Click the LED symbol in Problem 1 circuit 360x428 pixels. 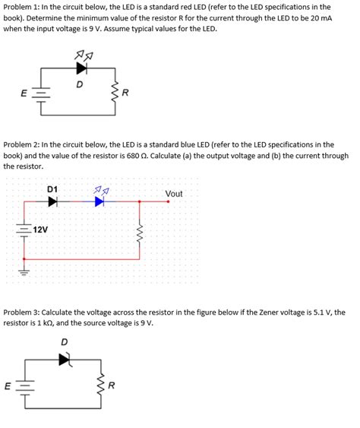pyautogui.click(x=81, y=68)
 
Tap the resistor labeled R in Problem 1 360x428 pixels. pyautogui.click(x=116, y=94)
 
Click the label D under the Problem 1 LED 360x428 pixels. pyautogui.click(x=80, y=84)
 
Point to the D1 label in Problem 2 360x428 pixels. pyautogui.click(x=52, y=188)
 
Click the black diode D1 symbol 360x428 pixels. pyautogui.click(x=52, y=202)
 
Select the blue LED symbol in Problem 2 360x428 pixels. pyautogui.click(x=99, y=202)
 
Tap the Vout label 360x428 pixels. pyautogui.click(x=174, y=194)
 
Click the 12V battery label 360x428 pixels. pyautogui.click(x=39, y=229)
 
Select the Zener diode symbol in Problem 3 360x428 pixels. pyautogui.click(x=65, y=359)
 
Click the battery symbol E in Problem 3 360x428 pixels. pyautogui.click(x=25, y=385)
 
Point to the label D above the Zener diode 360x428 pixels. pyautogui.click(x=64, y=342)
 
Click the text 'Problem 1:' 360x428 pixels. pyautogui.click(x=23, y=7)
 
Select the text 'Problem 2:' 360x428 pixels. pyautogui.click(x=23, y=144)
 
